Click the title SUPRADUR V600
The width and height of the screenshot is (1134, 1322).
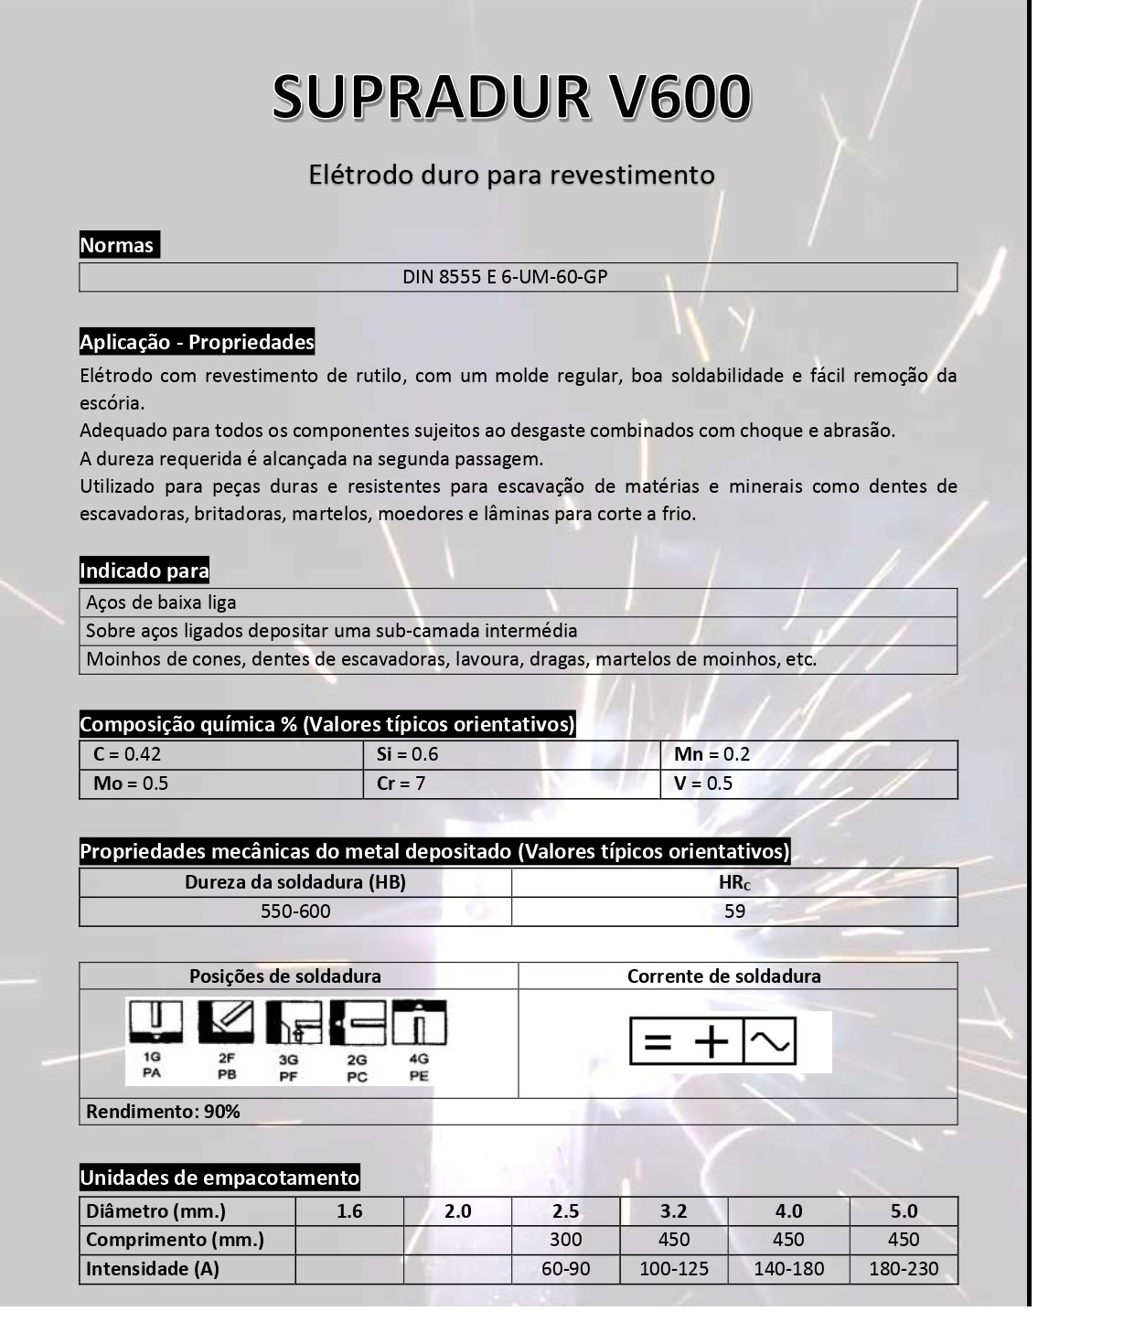coord(511,96)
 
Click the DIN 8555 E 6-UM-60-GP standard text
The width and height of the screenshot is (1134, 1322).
coord(505,277)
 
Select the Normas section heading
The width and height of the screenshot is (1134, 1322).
coord(117,245)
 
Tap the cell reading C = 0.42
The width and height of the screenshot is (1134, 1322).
coord(127,754)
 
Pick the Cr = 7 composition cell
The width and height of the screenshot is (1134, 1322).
coord(401,784)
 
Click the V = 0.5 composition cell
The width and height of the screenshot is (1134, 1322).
coord(703,784)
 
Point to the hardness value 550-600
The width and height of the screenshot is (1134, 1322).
coord(295,912)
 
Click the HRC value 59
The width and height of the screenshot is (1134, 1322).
coord(734,912)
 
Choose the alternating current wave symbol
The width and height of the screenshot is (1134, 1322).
coord(769,1041)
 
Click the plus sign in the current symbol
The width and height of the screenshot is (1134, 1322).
coord(711,1041)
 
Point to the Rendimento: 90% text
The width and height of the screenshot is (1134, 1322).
coord(163,1112)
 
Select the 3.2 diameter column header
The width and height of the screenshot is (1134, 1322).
coord(673,1211)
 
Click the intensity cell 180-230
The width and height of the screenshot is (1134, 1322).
coord(904,1269)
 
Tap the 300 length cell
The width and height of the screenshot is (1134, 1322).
coord(565,1240)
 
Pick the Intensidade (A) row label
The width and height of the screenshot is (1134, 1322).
coord(152,1269)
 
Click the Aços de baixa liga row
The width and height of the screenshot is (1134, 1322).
coord(161,602)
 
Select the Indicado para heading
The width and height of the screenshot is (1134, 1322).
coord(144,571)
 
